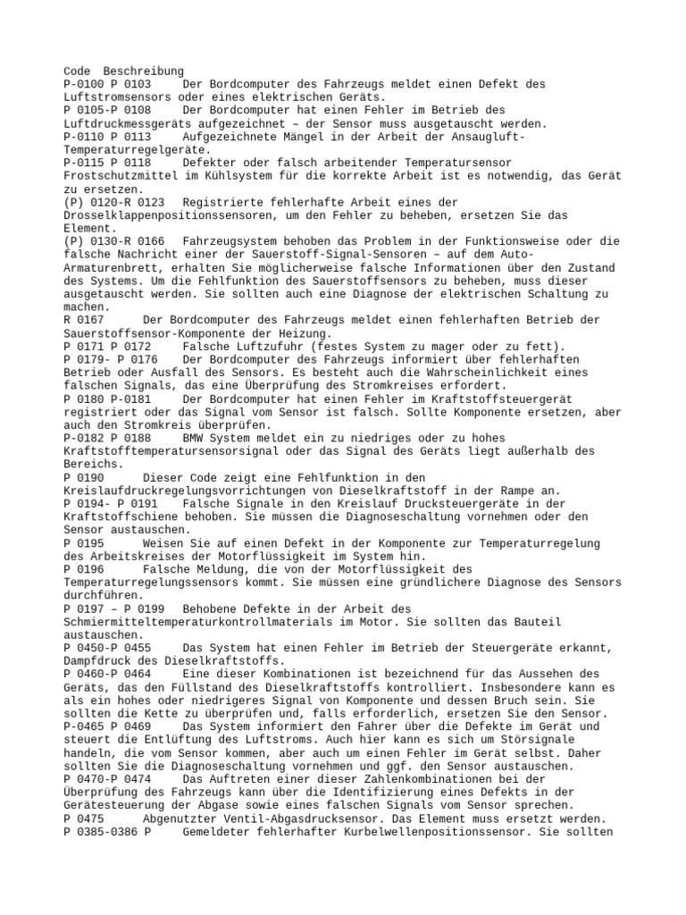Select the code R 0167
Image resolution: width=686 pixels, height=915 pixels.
coord(84,320)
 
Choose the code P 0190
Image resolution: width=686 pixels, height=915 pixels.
coord(84,478)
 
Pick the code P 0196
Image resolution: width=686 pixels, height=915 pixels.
coord(84,570)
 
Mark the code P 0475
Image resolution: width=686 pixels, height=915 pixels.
coord(84,819)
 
